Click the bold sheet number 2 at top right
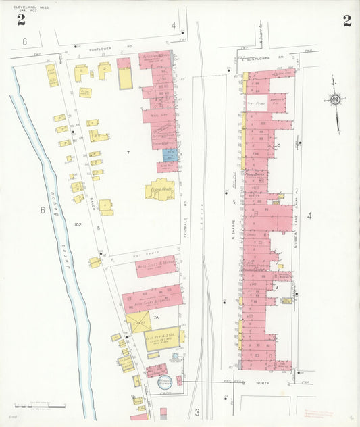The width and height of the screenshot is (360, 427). (x=346, y=20)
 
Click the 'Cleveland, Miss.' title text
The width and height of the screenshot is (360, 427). (x=27, y=7)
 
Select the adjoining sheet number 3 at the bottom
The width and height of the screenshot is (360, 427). (x=197, y=412)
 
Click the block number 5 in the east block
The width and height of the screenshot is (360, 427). (x=278, y=145)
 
